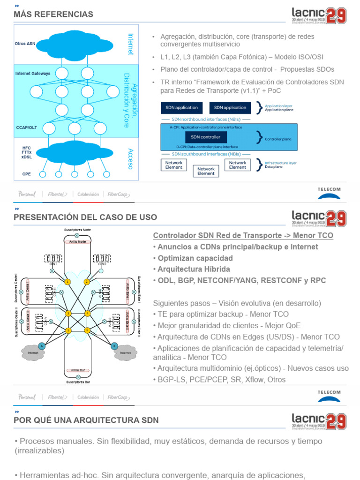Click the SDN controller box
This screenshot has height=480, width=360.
206,137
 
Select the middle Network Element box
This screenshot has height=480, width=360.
206,171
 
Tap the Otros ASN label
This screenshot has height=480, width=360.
25,44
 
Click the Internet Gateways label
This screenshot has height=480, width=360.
33,74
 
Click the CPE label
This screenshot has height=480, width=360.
26,174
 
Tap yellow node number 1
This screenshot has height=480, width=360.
67,282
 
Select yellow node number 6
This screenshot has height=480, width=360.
87,330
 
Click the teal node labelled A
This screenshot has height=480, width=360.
42,346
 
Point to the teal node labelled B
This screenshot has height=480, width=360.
113,346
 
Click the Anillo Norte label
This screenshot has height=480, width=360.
77,242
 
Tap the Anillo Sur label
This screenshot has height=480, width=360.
77,370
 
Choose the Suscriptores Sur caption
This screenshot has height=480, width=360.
77,382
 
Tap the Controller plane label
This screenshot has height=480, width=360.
278,139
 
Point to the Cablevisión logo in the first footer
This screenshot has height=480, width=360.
88,194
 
